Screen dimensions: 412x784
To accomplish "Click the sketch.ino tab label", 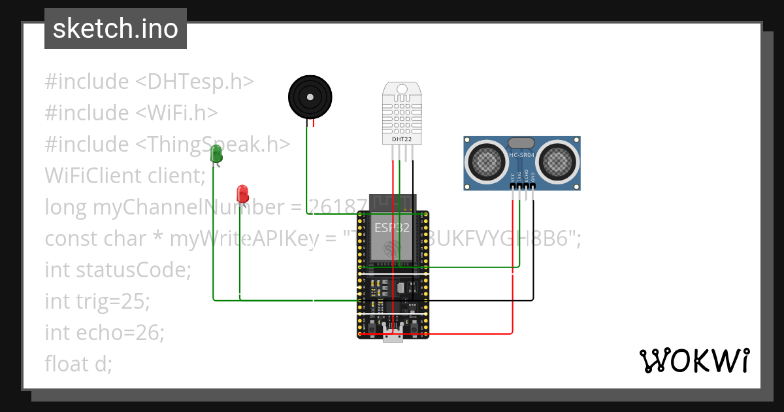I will (115, 29).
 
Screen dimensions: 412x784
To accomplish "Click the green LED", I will (216, 155).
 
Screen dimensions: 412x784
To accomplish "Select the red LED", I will (242, 194).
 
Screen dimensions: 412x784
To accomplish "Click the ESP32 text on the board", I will (392, 228).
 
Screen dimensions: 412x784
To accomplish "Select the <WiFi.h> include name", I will (176, 113).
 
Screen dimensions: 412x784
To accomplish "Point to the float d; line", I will (78, 364).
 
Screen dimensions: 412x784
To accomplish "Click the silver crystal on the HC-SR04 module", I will (521, 143).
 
